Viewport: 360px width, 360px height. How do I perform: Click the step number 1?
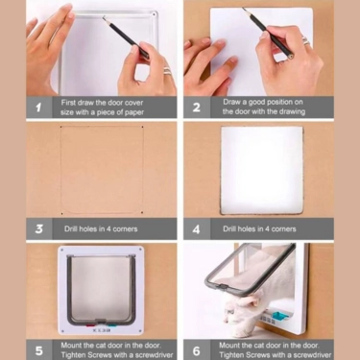(x=38, y=108)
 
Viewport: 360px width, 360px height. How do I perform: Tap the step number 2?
(x=197, y=108)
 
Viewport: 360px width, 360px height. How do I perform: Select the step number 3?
(x=39, y=228)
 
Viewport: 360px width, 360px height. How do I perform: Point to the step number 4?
(x=197, y=229)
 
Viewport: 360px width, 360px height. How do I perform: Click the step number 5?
(x=39, y=350)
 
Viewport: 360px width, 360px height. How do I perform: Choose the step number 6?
(x=197, y=350)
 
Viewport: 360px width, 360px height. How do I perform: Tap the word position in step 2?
(x=276, y=103)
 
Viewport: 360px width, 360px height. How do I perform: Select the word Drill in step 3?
(x=71, y=228)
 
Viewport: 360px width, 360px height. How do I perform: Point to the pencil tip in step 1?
(x=103, y=17)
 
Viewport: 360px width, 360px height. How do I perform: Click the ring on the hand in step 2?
(x=305, y=40)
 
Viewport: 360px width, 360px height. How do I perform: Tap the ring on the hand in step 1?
(x=168, y=70)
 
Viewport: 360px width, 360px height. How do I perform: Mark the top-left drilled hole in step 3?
(x=61, y=127)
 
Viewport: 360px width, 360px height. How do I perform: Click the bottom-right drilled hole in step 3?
(x=142, y=212)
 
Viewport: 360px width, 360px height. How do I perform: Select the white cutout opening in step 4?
(x=261, y=170)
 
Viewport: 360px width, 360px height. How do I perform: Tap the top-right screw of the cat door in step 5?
(x=140, y=250)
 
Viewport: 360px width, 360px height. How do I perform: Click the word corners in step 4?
(x=283, y=229)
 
